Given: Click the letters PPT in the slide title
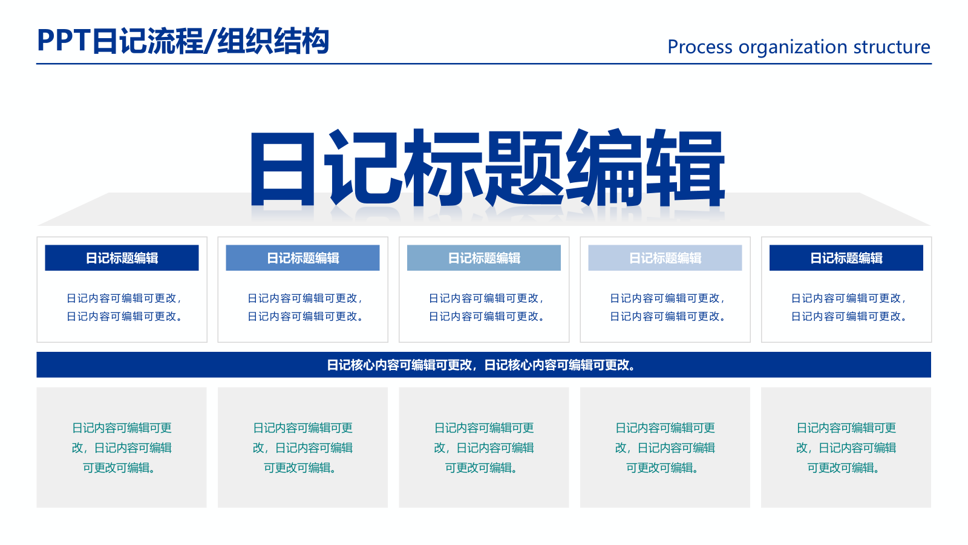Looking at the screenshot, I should [x=64, y=41].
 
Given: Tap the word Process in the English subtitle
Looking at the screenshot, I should [x=699, y=47].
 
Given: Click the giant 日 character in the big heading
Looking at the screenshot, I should [x=283, y=170].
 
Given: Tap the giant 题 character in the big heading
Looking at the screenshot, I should [x=524, y=170].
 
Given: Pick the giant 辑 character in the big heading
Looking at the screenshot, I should [x=685, y=170].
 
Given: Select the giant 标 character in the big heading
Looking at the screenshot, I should [x=443, y=170].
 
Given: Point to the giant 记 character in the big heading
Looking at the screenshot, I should [x=363, y=170].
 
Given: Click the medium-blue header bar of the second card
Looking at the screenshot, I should [x=302, y=258].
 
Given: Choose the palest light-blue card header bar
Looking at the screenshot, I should [x=665, y=258].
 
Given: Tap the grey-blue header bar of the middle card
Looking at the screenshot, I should [x=484, y=258].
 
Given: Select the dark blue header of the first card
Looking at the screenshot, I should [x=122, y=258].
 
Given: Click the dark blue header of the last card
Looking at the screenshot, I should [x=846, y=258].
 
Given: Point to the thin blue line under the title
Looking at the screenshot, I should [x=484, y=64].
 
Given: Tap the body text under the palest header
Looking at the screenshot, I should [x=667, y=307].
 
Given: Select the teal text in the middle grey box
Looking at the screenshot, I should [x=484, y=448].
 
